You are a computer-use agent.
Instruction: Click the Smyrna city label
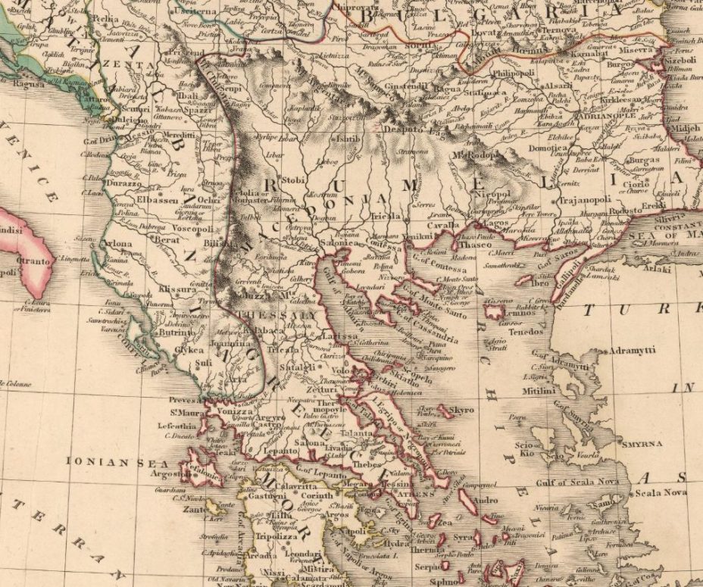pos(641,443)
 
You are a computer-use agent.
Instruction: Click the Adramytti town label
pos(633,352)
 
